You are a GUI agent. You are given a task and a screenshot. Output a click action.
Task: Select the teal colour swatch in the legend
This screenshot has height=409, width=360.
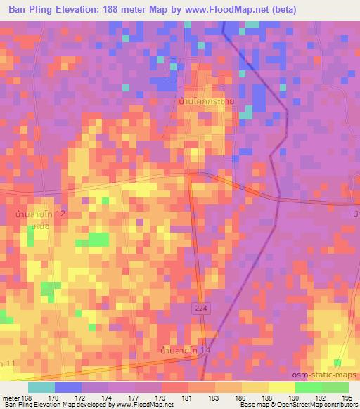pos(41,387)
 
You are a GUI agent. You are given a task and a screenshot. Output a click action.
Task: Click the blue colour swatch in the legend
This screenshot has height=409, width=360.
pos(68,387)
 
